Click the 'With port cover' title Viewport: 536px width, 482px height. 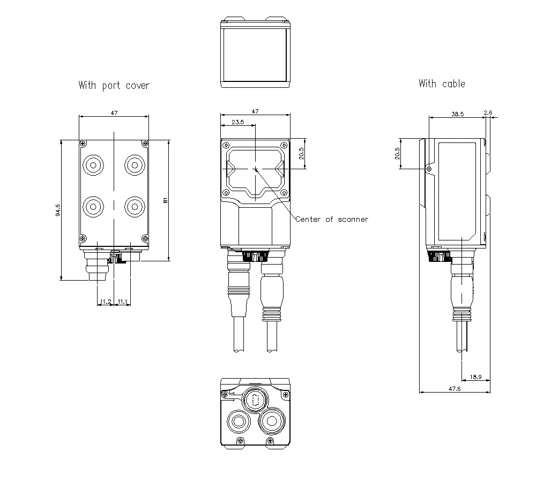click(114, 85)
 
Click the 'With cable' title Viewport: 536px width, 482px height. click(442, 84)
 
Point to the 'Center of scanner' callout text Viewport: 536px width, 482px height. click(332, 219)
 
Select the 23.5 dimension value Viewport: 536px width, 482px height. click(237, 122)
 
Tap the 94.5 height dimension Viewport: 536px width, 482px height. click(57, 210)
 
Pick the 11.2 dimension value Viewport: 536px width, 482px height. click(106, 302)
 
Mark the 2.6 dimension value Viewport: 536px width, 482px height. click(488, 112)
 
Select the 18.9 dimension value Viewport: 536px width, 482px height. click(475, 377)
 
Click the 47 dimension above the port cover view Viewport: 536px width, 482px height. click(114, 113)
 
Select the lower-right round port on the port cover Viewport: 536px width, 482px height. click(133, 205)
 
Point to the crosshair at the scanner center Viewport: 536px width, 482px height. click(256, 169)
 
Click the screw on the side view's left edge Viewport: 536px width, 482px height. click(428, 169)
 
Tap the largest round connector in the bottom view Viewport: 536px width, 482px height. click(272, 420)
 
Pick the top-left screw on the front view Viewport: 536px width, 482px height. click(226, 145)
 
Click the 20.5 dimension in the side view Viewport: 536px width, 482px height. click(397, 154)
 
